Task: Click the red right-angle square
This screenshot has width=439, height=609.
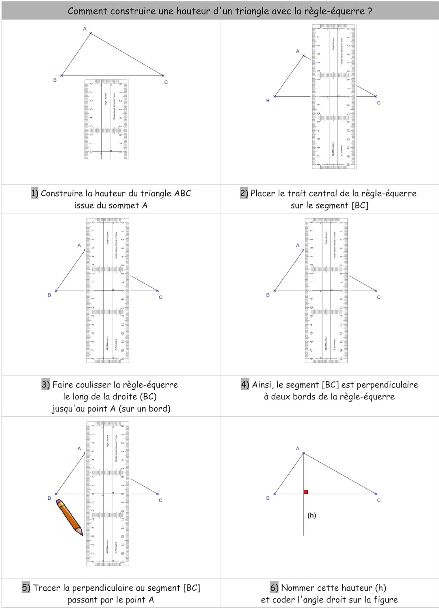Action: pyautogui.click(x=306, y=492)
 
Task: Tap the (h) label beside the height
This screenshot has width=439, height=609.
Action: pyautogui.click(x=311, y=515)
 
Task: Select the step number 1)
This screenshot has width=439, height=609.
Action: pyautogui.click(x=35, y=193)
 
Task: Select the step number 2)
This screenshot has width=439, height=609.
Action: pyautogui.click(x=244, y=193)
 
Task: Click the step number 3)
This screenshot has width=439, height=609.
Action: pyautogui.click(x=46, y=384)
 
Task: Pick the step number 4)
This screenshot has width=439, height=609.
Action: pyautogui.click(x=245, y=384)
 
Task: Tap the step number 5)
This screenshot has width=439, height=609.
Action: pyautogui.click(x=26, y=587)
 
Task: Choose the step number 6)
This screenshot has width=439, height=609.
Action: pyautogui.click(x=275, y=587)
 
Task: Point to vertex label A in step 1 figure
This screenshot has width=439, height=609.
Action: pyautogui.click(x=84, y=29)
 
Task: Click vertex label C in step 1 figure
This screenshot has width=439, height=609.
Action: pyautogui.click(x=166, y=82)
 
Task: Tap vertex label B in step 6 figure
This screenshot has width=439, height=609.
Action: pyautogui.click(x=268, y=498)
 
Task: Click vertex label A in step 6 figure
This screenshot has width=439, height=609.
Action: pyautogui.click(x=298, y=449)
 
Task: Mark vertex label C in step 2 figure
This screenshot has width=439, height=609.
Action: pyautogui.click(x=378, y=103)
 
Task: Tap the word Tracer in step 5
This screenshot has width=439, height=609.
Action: pyautogui.click(x=47, y=587)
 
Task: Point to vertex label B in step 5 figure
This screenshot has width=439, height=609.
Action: pyautogui.click(x=50, y=498)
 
